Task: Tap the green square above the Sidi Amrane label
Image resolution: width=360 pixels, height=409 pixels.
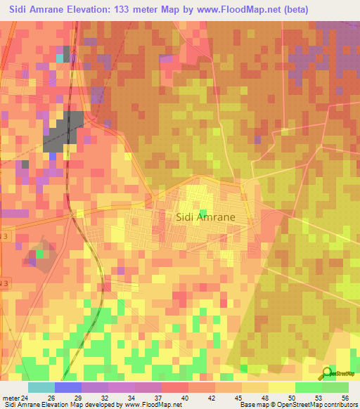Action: pyautogui.click(x=203, y=213)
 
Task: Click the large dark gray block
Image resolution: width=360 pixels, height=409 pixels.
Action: pyautogui.click(x=64, y=130)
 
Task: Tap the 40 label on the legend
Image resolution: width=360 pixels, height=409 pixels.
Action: pyautogui.click(x=185, y=397)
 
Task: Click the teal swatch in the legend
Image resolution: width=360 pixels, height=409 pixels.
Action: pyautogui.click(x=41, y=387)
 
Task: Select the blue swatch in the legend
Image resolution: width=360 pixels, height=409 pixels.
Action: pyautogui.click(x=67, y=387)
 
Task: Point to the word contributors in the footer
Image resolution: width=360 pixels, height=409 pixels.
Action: pyautogui.click(x=337, y=405)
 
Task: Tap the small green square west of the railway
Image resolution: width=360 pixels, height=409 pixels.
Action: pyautogui.click(x=40, y=254)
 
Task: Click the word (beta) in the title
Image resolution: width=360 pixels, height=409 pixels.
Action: pyautogui.click(x=291, y=10)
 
